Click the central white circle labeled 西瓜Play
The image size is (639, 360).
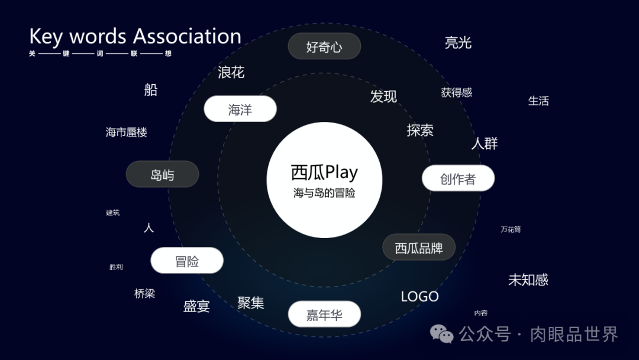coord(324,180)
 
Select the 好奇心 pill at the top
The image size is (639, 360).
coord(324,47)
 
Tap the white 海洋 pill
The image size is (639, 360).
coord(240,110)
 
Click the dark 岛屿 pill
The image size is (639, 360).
coord(162,175)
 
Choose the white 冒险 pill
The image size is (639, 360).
coord(187,261)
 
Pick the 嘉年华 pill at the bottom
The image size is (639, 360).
coord(324,314)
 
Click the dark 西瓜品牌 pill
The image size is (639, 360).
coord(419,247)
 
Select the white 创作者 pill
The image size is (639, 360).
coord(458,178)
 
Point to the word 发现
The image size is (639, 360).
coord(383,97)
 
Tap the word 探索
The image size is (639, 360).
coord(420,130)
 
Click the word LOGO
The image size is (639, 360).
coord(419,297)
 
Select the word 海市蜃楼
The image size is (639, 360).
coord(126,132)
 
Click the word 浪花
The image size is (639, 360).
coord(231,73)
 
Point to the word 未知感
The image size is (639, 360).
coord(528,279)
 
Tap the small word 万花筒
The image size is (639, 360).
coord(511,229)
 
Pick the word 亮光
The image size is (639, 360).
coord(458,43)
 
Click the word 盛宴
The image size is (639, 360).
coord(196,306)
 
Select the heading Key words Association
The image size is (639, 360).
coord(135,36)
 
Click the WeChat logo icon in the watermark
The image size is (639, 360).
coord(442,334)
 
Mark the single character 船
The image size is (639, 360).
coord(151,90)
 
